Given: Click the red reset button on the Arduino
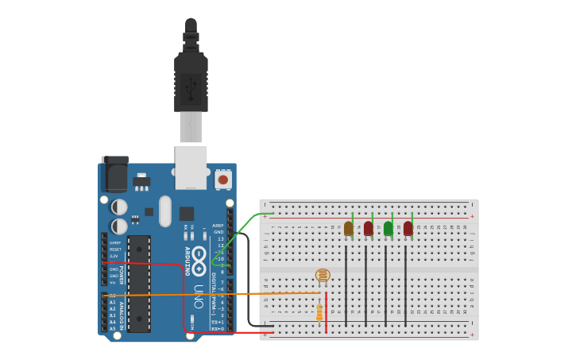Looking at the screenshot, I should tap(222, 180).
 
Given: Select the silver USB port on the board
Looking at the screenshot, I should tap(191, 167).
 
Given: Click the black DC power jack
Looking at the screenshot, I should tap(114, 173).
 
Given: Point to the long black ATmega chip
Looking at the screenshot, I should tap(138, 283).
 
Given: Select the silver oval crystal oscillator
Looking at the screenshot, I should tap(165, 211).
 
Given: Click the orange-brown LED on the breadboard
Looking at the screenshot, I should tap(348, 228).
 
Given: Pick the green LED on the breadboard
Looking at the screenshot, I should tap(388, 228).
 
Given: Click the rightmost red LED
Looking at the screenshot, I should tap(408, 228).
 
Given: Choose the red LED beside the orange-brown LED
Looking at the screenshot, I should tap(368, 228).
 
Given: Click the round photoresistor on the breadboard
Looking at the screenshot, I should tap(322, 276).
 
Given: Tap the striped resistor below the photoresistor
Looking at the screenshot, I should tap(319, 312).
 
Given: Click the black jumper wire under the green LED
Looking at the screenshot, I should tap(385, 286).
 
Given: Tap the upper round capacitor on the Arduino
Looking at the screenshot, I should tap(118, 207).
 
